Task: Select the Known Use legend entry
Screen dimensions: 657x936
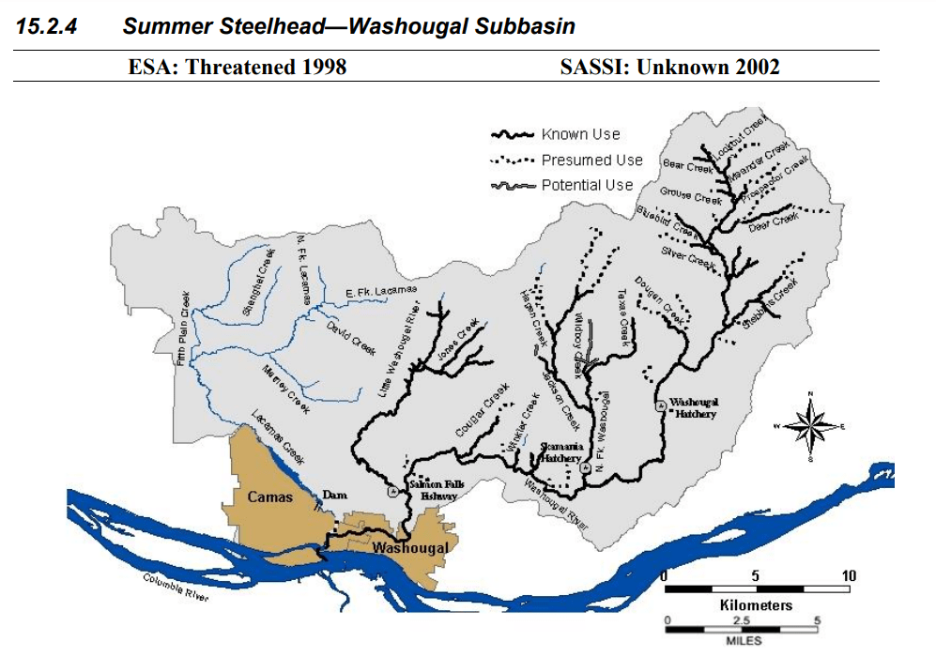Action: pos(580,134)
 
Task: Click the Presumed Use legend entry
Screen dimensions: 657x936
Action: pos(591,160)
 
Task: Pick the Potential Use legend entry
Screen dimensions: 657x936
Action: pos(587,185)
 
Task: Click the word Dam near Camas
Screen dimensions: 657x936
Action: pos(335,494)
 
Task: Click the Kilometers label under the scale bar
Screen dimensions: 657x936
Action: pos(756,605)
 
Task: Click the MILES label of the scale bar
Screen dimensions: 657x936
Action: pos(744,642)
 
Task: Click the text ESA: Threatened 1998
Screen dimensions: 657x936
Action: pos(237,66)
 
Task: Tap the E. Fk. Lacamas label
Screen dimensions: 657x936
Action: pos(381,293)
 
